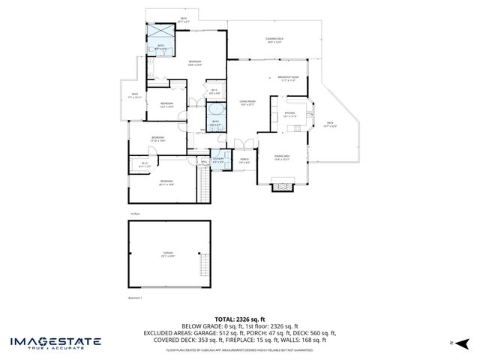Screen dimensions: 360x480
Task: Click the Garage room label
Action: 169,253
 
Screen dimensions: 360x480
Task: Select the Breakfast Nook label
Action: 289,78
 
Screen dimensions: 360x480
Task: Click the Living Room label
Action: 247,103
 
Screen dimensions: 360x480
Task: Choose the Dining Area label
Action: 281,157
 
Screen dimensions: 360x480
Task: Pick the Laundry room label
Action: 218,159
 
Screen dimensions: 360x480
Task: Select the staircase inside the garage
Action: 202,265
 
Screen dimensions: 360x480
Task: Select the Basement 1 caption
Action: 136,298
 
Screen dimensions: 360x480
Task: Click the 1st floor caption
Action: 135,214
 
